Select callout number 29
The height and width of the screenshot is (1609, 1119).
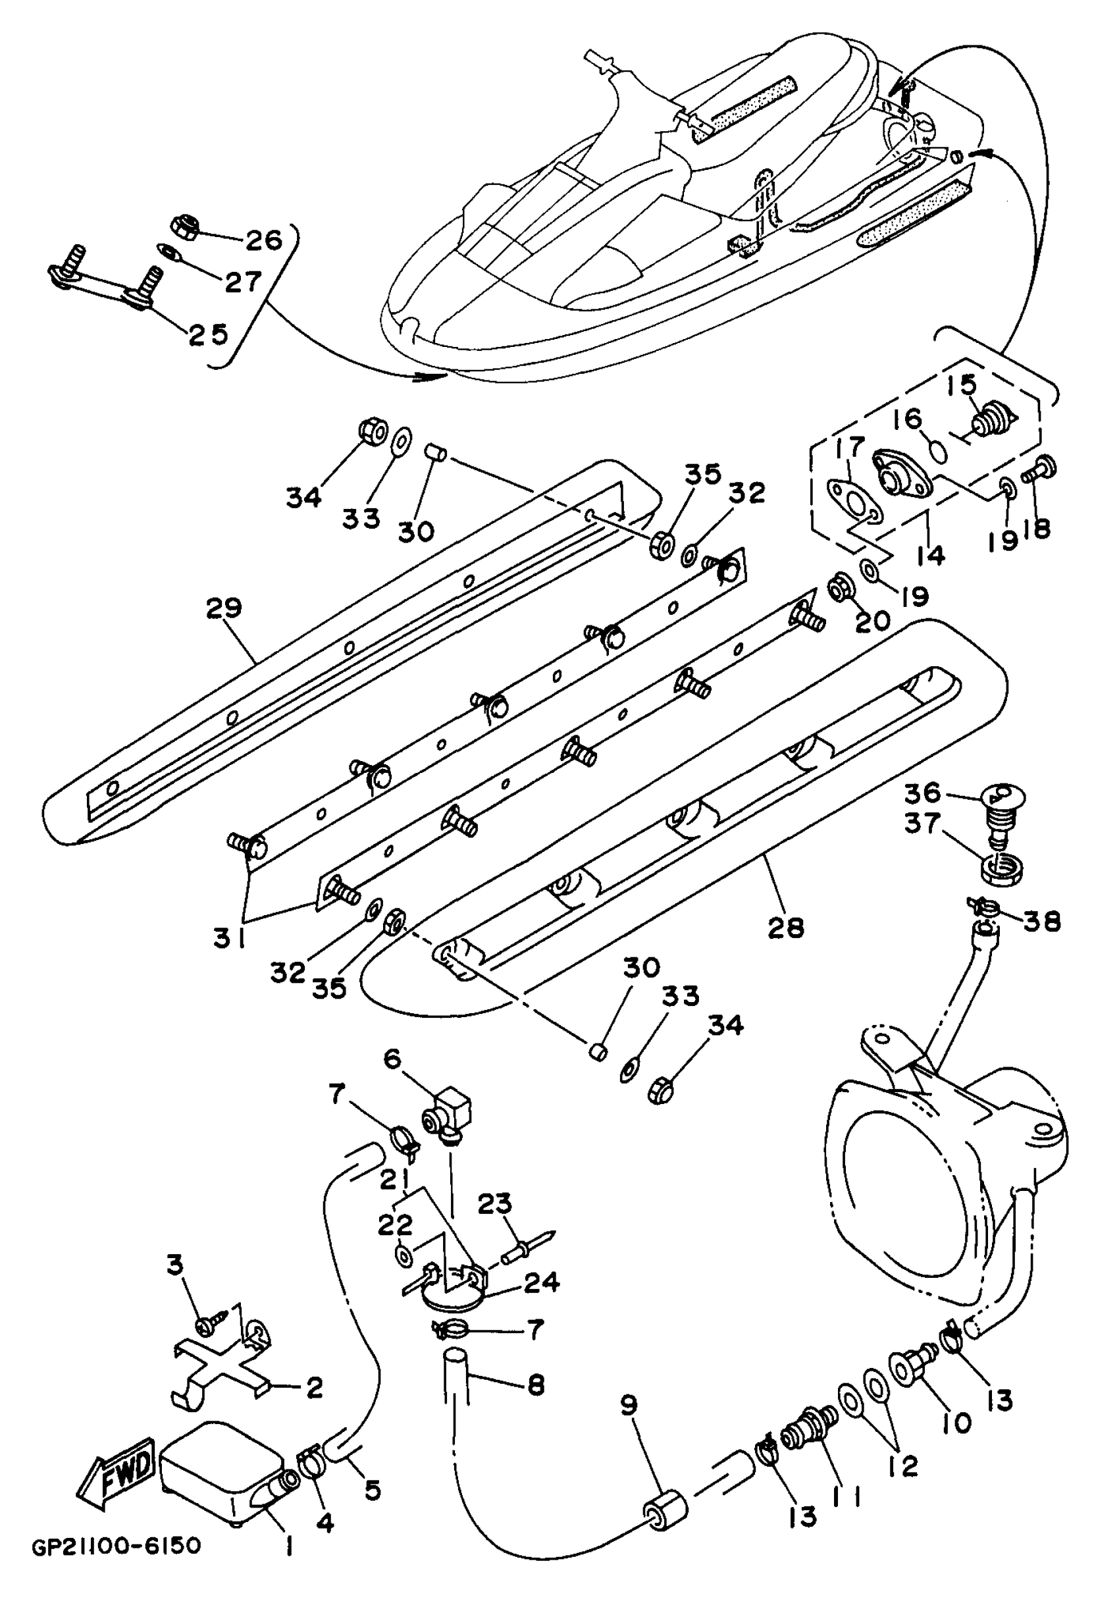click(x=224, y=608)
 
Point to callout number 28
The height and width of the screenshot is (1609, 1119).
click(x=785, y=928)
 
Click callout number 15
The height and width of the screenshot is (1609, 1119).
click(x=962, y=384)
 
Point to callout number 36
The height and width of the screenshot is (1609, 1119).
click(x=921, y=793)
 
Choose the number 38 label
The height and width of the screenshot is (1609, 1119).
click(x=1042, y=922)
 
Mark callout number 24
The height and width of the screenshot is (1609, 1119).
click(x=542, y=1282)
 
